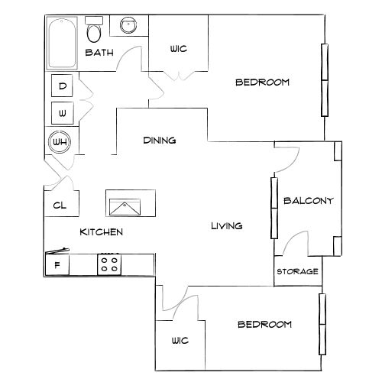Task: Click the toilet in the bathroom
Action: coord(94,30)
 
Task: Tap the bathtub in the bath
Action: coord(62,43)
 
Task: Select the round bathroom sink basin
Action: coord(128,25)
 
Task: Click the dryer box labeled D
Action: coord(62,86)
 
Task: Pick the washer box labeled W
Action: coord(63,113)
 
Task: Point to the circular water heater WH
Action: coord(60,142)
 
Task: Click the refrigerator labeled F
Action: coord(57,265)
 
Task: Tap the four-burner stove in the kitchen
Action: coord(109,264)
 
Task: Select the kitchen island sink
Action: coord(125,207)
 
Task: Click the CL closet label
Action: coord(60,206)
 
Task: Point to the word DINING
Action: coord(160,140)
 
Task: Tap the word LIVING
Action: coord(227,225)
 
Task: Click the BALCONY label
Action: coord(309,201)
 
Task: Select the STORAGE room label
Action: coord(297,271)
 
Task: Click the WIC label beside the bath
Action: coord(179,49)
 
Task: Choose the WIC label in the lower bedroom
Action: coord(180,341)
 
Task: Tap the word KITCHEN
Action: coord(102,232)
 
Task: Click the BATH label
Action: coord(99,53)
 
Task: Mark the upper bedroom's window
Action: coord(325,80)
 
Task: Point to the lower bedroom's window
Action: coord(322,324)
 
